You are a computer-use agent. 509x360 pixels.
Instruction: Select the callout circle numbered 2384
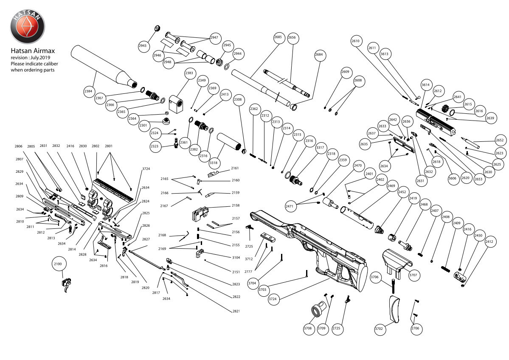(x=88, y=91)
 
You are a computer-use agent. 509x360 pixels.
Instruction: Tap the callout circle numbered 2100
(x=58, y=264)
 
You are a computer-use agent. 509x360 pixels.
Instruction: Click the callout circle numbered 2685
(x=278, y=37)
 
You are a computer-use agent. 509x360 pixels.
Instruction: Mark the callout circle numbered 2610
(x=356, y=41)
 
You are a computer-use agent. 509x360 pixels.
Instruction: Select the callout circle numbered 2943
(x=143, y=45)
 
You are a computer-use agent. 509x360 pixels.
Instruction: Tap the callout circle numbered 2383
(x=189, y=73)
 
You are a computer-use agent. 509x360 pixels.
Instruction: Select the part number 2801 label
(x=109, y=146)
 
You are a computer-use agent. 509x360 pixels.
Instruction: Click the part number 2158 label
(x=236, y=205)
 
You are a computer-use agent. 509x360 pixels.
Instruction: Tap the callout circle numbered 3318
(x=213, y=162)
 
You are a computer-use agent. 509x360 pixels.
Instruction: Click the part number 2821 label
(x=236, y=311)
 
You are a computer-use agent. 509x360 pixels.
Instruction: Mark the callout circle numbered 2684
(x=319, y=55)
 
